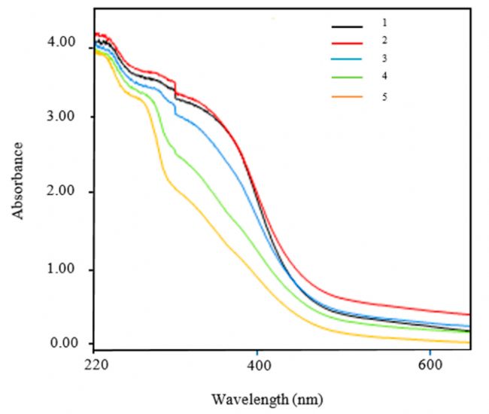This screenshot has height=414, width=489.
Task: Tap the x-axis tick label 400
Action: [257, 363]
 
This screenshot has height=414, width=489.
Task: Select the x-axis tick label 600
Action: [430, 363]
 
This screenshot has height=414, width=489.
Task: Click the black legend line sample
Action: [347, 26]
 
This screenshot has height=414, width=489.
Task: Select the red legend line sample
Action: [347, 44]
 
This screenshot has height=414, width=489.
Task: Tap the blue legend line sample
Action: [347, 61]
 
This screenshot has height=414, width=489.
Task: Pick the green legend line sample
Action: [347, 78]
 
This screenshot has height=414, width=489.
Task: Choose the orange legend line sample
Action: [347, 96]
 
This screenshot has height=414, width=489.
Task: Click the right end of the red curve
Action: [469, 314]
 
